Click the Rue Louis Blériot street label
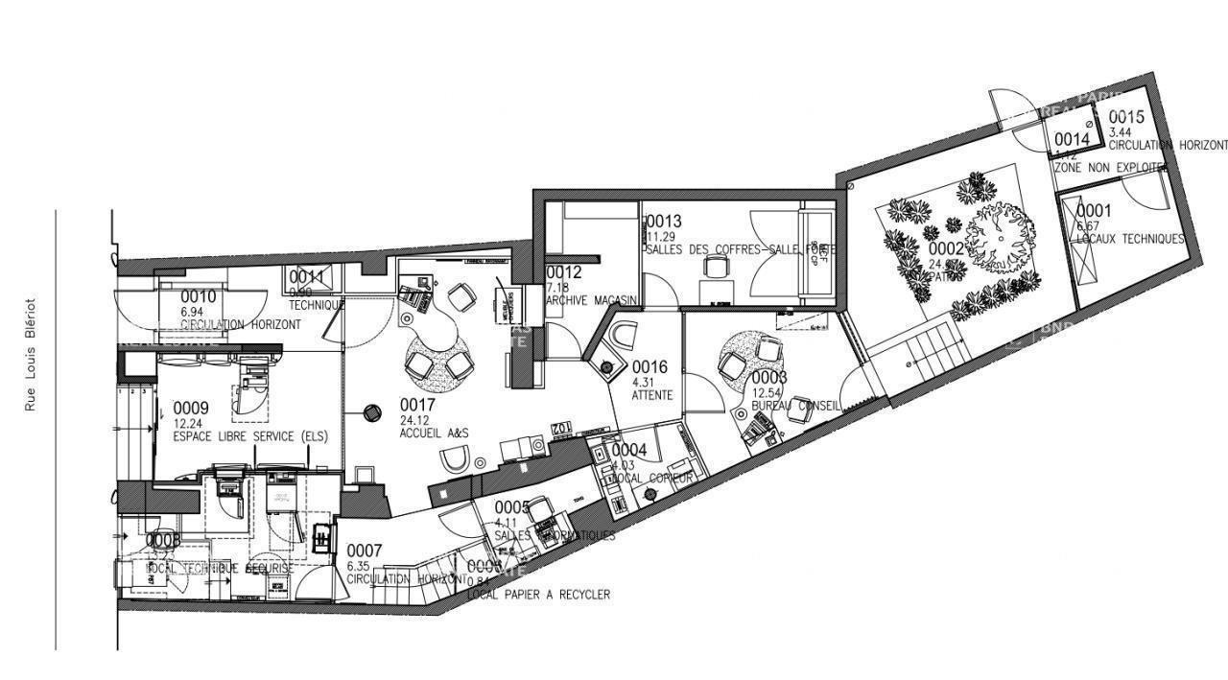pos(31,353)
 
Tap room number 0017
pos(417,406)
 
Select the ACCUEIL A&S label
pos(434,434)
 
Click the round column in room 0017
pos(370,413)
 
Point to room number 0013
pos(663,222)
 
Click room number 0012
pos(564,272)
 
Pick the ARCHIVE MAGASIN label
pos(593,300)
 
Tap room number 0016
pos(649,366)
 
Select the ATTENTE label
pos(652,395)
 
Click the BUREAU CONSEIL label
pos(795,406)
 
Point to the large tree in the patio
pos(1000,233)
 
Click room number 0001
pos(1094,211)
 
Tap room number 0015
pos(1127,119)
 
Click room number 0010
pos(199,296)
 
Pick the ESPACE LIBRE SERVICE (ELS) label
pos(249,436)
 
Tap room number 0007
pos(365,551)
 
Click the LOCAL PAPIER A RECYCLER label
pos(538,595)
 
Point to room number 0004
pos(629,450)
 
